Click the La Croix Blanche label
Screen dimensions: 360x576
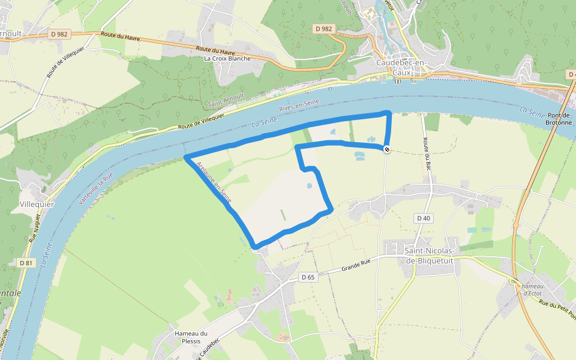coord(227,58)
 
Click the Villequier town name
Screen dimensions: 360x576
coord(37,204)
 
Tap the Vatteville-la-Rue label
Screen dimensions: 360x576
coord(96,190)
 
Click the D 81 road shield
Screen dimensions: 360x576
coord(26,263)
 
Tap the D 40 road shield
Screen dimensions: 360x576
coord(424,218)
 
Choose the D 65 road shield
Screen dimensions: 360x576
coord(308,277)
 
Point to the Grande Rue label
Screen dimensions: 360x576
coord(355,269)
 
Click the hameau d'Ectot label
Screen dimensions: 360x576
coord(532,290)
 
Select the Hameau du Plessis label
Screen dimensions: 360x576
coord(191,337)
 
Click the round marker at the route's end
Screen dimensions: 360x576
coord(388,149)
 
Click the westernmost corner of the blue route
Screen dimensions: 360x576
coord(186,157)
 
